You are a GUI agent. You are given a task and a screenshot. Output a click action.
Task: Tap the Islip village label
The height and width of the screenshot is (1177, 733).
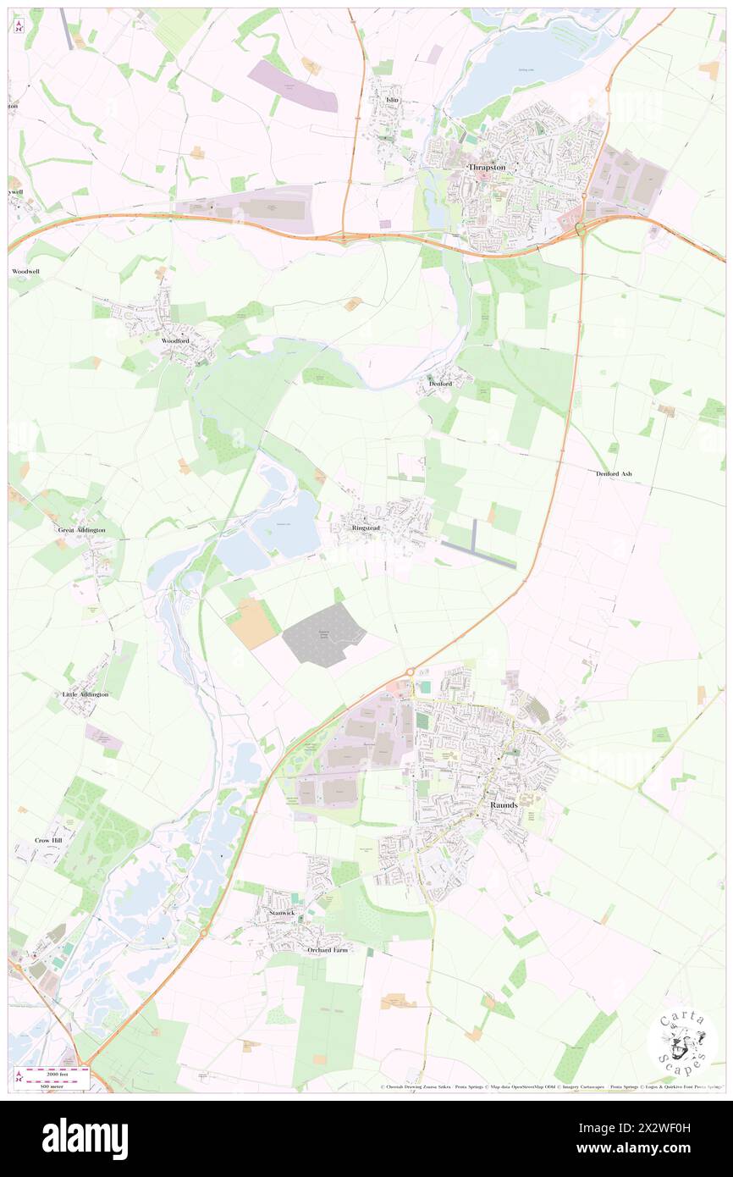click(391, 100)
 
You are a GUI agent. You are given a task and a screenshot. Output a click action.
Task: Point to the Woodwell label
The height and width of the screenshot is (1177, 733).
click(25, 271)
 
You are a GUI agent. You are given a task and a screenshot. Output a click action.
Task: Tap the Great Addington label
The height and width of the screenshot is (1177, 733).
click(82, 530)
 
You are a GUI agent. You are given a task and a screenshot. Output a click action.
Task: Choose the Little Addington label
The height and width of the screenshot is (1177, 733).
click(85, 694)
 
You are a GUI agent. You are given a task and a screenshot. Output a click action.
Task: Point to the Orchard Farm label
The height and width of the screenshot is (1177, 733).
click(327, 950)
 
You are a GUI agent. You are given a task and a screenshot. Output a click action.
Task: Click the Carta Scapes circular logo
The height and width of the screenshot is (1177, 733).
click(682, 1042)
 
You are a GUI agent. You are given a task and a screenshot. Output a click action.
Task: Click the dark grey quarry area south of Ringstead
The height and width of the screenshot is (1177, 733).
click(322, 635)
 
